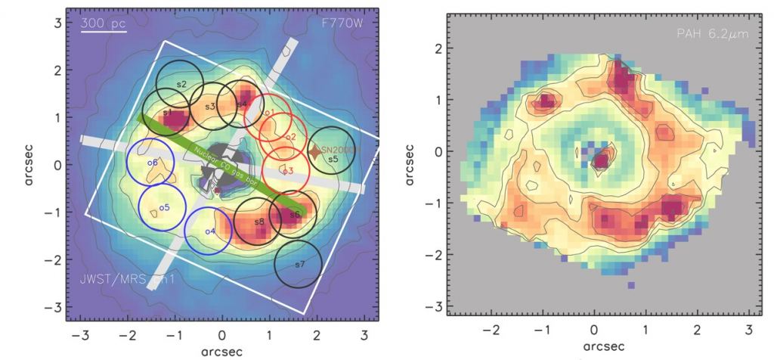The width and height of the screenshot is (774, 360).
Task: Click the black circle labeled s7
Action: coord(298,265)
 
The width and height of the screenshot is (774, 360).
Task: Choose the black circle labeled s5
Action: coord(333,159)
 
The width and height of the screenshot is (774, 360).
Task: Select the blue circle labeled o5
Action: coord(163,206)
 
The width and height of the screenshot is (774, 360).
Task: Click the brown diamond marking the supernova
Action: coord(314,152)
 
